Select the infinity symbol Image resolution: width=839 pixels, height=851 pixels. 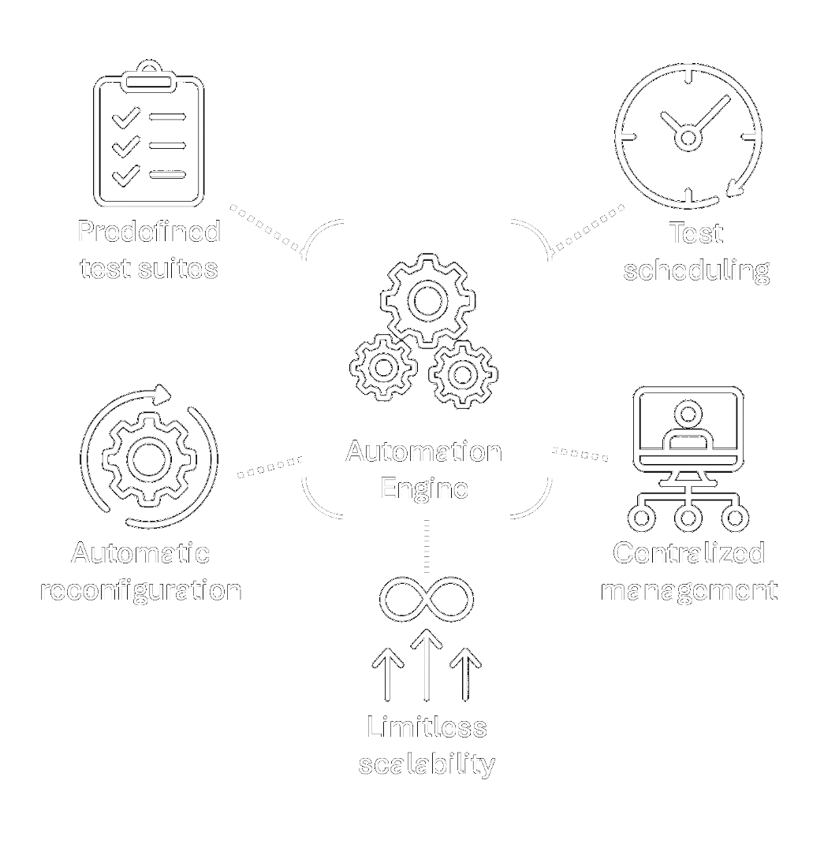click(x=426, y=598)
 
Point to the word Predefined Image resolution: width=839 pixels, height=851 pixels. click(x=148, y=232)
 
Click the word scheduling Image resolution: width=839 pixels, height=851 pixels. click(x=696, y=270)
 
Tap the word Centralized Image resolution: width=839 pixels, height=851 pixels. click(x=688, y=553)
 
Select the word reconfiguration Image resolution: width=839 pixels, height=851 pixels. click(x=140, y=590)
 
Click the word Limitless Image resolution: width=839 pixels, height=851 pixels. click(x=427, y=727)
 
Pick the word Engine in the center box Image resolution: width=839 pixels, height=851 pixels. click(x=424, y=488)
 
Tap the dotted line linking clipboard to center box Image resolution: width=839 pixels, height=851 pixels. click(x=267, y=228)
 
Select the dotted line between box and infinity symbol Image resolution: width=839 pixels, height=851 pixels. click(x=426, y=546)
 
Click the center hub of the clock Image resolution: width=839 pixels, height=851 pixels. click(x=688, y=139)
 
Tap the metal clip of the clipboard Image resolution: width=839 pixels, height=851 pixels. click(x=149, y=76)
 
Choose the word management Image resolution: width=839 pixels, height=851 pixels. click(x=688, y=590)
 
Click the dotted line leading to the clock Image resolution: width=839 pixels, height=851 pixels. click(x=587, y=229)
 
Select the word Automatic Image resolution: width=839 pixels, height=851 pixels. click(x=140, y=553)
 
